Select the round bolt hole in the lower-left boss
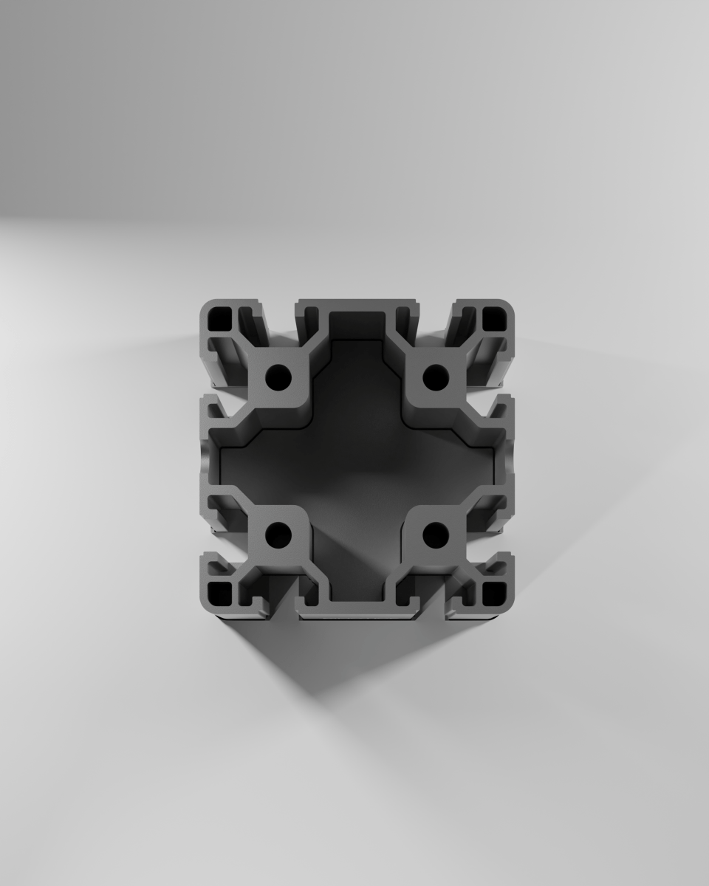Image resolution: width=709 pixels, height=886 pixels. [279, 533]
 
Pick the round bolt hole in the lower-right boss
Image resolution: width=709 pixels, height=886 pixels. [436, 533]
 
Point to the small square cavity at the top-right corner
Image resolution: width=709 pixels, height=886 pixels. [493, 318]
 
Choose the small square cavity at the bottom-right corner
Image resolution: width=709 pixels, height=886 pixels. [493, 591]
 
